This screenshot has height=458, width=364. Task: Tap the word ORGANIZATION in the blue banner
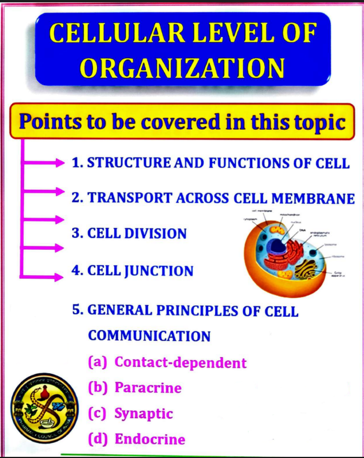[182, 67]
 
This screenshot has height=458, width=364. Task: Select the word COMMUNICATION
[149, 336]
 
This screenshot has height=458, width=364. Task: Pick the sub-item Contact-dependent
[181, 362]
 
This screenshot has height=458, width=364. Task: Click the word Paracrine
[148, 388]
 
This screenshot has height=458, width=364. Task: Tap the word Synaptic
[144, 414]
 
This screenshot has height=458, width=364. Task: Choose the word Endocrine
[150, 439]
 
